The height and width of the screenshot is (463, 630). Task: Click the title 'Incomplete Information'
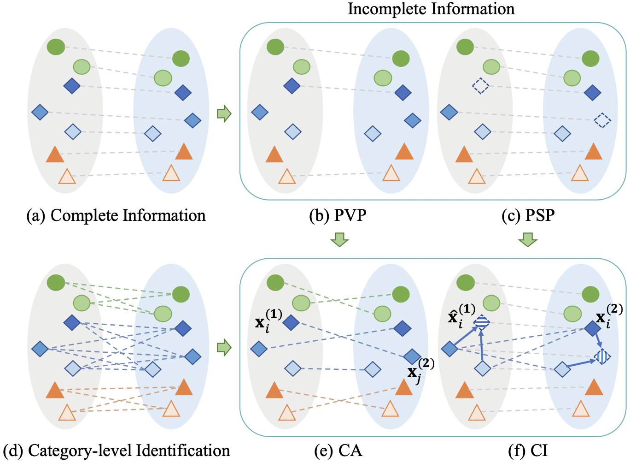[x=431, y=9]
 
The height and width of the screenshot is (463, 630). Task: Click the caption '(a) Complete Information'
[x=116, y=215]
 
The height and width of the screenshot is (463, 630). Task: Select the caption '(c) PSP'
[x=528, y=215]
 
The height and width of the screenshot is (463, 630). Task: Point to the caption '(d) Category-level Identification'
[x=117, y=451]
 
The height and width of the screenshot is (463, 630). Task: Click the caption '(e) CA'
[x=338, y=451]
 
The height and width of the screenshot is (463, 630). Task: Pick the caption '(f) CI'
[x=528, y=451]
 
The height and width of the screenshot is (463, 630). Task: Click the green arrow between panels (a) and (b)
[x=224, y=113]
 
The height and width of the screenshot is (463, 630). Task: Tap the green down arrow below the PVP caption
[x=340, y=239]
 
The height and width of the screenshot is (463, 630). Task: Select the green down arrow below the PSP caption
[x=528, y=239]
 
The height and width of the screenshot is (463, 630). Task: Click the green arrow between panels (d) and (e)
[x=224, y=348]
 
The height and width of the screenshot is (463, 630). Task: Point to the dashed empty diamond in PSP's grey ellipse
[x=480, y=86]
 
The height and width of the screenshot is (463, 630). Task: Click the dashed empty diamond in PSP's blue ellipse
[x=602, y=120]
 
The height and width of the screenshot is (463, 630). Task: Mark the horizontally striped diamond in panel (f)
[x=482, y=322]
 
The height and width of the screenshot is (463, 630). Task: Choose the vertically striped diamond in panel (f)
[x=602, y=356]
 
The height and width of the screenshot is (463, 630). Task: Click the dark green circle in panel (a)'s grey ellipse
[x=56, y=47]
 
